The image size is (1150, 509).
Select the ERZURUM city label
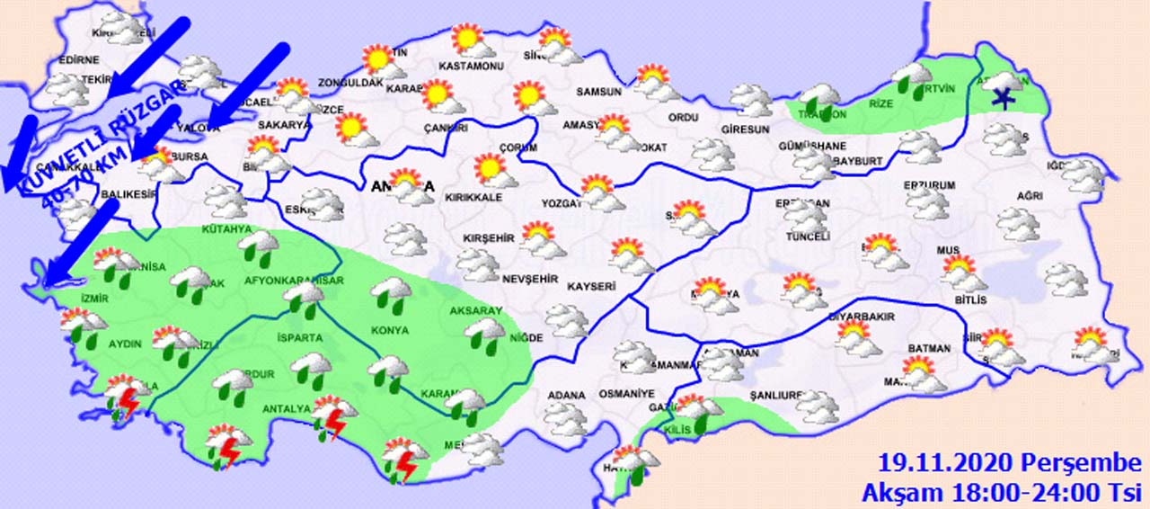tap(930, 186)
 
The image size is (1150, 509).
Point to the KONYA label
tap(389, 330)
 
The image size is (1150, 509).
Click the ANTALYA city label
tap(286, 410)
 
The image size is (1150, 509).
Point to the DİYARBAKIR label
tap(859, 317)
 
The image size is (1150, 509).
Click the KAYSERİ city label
tap(591, 287)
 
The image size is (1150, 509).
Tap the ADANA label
tap(567, 395)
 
